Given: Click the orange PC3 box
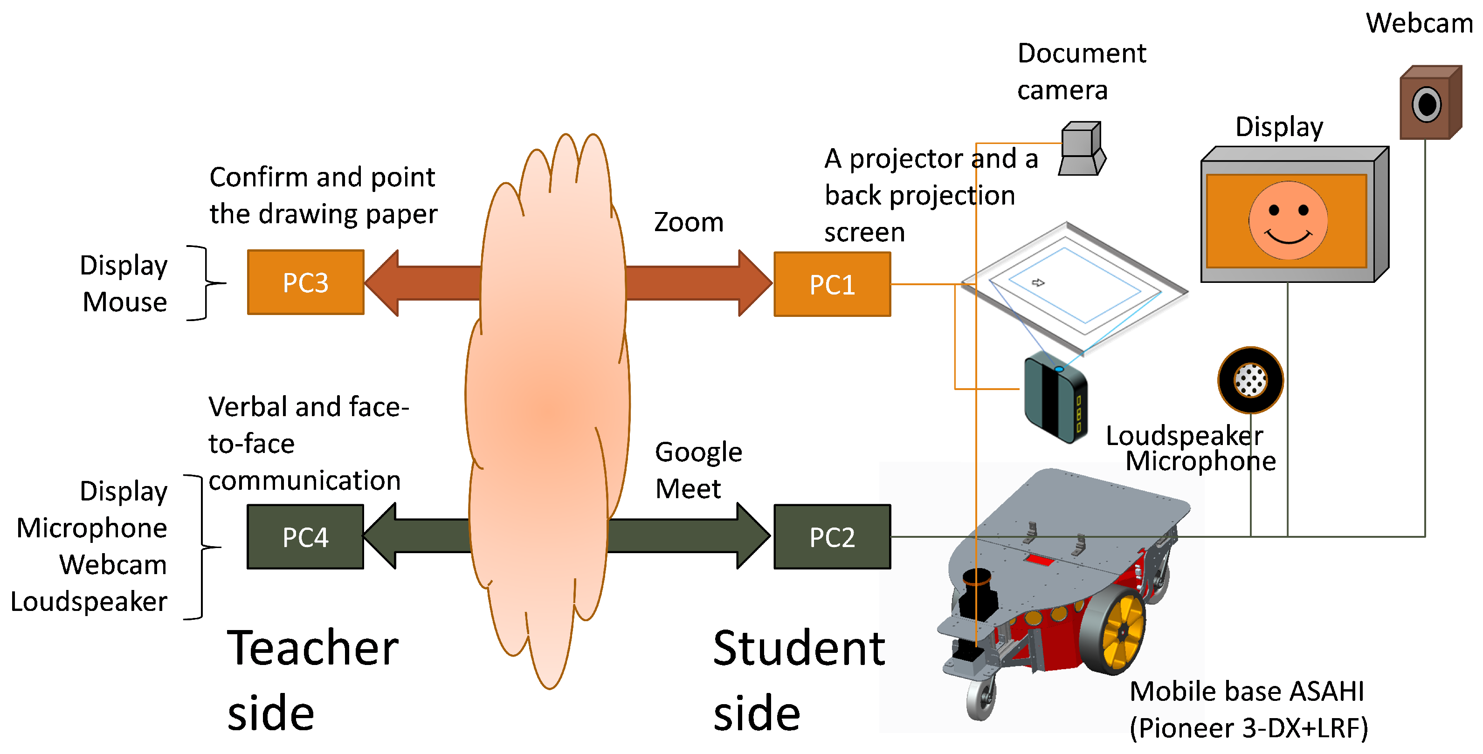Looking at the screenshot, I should coord(305,282).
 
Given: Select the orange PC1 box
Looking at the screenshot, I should coord(832,284).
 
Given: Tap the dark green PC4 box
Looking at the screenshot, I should coord(305,536).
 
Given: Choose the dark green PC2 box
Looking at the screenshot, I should coord(832,536).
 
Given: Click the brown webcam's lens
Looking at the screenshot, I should coord(1427,105).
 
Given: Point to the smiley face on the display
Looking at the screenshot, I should coord(1288,220).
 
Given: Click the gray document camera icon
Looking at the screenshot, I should coord(1081,149).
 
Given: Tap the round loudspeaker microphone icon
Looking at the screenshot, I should coord(1250,380).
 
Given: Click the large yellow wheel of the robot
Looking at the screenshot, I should coord(1117,633).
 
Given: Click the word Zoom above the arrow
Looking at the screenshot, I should coord(689,222).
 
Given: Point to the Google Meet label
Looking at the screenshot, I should coord(698,470).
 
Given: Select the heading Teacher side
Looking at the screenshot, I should coord(313,679).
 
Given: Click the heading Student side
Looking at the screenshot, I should coord(799,679).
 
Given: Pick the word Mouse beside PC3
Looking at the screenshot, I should coord(124,302).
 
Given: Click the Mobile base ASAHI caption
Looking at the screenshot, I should coord(1248,709).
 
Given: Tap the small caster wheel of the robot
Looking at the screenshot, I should coord(980,699).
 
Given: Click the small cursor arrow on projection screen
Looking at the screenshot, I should coord(1037,282).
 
